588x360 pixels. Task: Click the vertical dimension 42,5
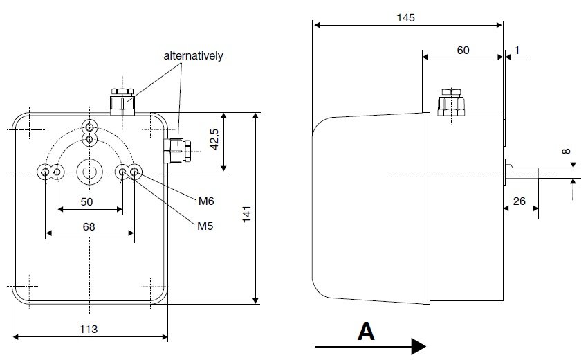coord(214,141)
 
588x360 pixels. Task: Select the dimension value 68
coord(89,226)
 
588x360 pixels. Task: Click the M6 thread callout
coord(206,201)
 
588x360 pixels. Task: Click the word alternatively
coord(193,55)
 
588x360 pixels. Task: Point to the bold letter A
coord(367,332)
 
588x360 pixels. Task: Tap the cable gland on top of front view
coord(122,101)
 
